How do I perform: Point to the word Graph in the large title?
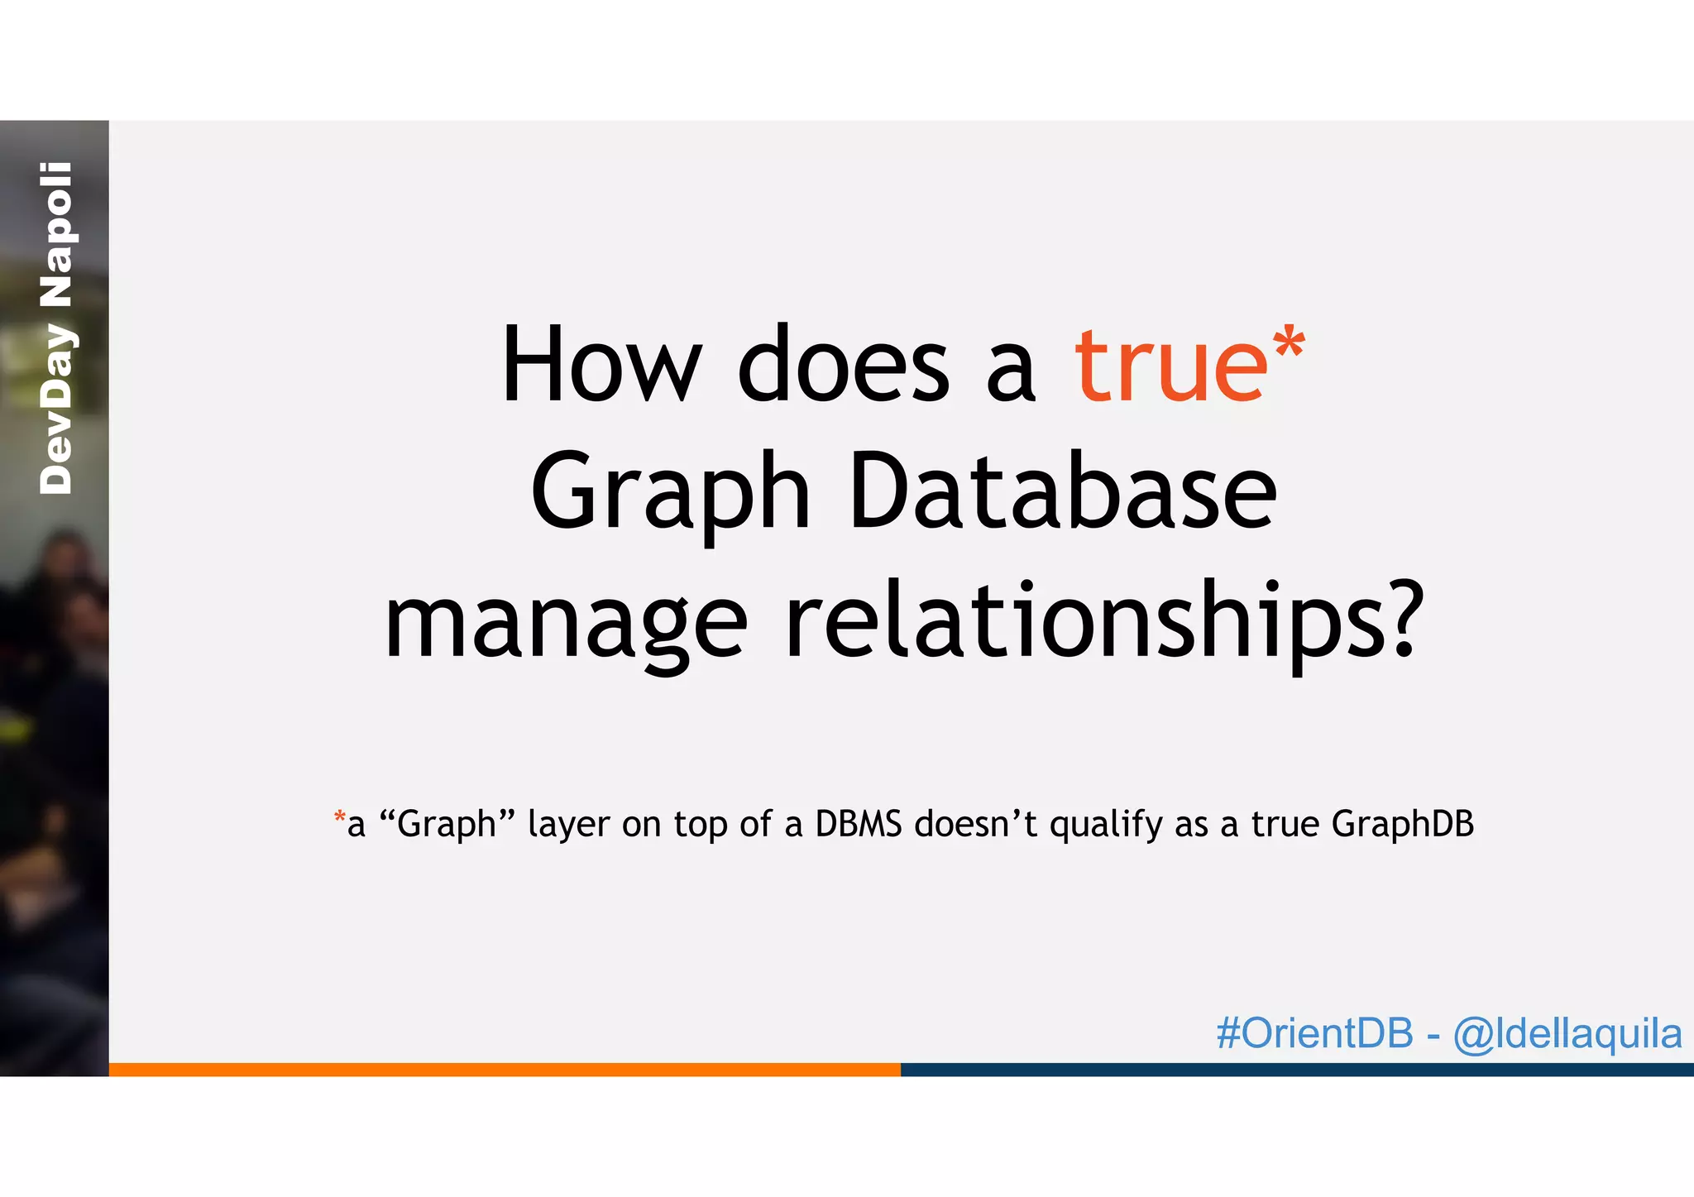pyautogui.click(x=670, y=495)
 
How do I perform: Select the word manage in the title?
pyautogui.click(x=567, y=622)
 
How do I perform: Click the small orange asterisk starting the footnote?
pyautogui.click(x=339, y=819)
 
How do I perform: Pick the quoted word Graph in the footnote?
pyautogui.click(x=447, y=825)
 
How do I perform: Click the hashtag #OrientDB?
pyautogui.click(x=1314, y=1033)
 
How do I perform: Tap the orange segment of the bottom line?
pyautogui.click(x=505, y=1070)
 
